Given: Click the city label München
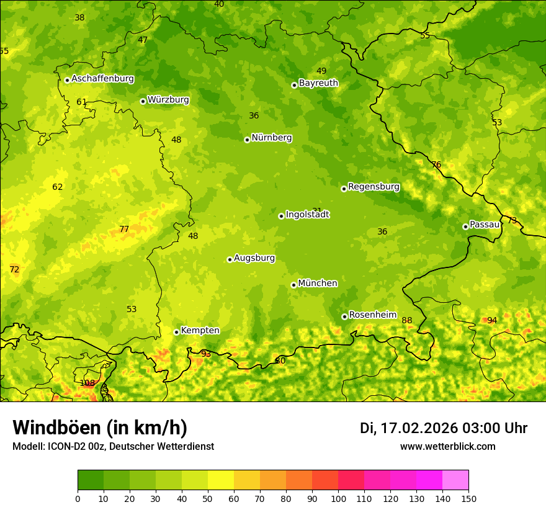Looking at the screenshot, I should point(318,284).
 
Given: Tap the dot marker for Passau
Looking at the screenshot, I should point(465,226).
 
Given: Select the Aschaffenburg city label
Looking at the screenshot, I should point(102,79).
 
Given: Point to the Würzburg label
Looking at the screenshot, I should point(168,100).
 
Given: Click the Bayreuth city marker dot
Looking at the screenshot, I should point(294,85).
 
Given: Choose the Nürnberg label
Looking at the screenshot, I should point(272,138).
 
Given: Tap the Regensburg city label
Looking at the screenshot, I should point(374,187).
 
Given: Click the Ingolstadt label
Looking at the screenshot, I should point(307,215).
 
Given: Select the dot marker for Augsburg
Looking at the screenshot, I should point(230,259).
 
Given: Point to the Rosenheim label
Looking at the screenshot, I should point(372,315).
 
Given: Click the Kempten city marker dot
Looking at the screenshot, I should point(176,332).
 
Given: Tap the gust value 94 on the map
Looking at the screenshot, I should point(492,320).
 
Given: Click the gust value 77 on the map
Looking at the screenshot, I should point(124,229).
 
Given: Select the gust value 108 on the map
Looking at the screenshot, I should point(87,383).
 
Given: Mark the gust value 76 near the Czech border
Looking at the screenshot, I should point(436,164).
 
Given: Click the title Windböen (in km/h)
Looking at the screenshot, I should point(100,428).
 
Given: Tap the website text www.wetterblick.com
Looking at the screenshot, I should point(447,447).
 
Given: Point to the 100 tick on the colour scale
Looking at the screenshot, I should point(338,498).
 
